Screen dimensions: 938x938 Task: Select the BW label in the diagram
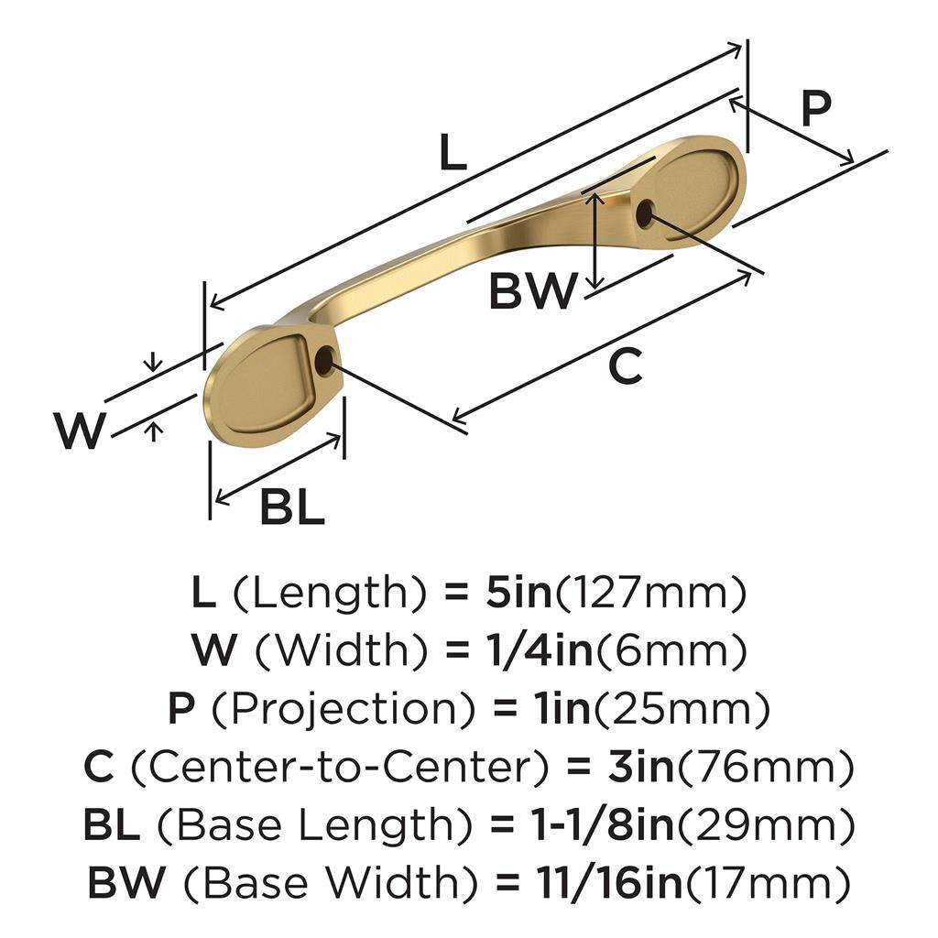pyautogui.click(x=533, y=292)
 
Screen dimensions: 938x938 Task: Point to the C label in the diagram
pyautogui.click(x=626, y=368)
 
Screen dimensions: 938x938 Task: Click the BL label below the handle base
pyautogui.click(x=292, y=507)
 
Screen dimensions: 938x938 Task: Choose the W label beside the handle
pyautogui.click(x=79, y=431)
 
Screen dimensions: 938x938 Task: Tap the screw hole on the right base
pyautogui.click(x=645, y=215)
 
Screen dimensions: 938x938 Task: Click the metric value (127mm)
pyautogui.click(x=651, y=595)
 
